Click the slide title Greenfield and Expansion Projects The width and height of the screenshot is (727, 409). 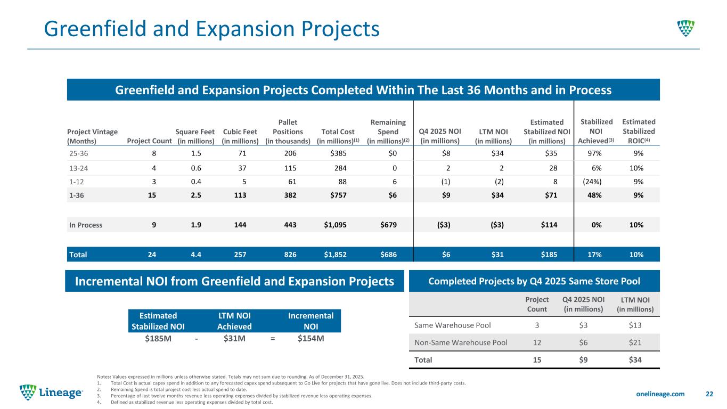coord(211,28)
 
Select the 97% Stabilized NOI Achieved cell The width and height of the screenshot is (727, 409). coord(597,153)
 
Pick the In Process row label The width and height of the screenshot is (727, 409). coord(86,225)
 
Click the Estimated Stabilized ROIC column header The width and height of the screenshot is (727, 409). coord(639,131)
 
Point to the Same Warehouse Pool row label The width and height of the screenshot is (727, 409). coord(450,324)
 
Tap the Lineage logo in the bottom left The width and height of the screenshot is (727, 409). coord(51,393)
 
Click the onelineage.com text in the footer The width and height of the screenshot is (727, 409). coord(662,394)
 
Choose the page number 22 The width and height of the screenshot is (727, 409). coord(709,394)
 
